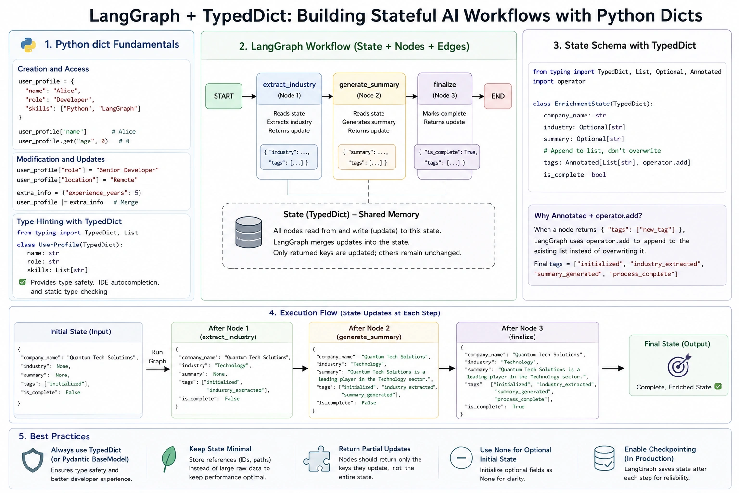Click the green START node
point(224,96)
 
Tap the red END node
point(498,96)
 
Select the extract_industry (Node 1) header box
point(289,89)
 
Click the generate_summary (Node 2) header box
point(369,89)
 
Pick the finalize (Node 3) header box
point(445,89)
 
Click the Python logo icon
point(28,45)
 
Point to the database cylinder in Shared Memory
point(248,232)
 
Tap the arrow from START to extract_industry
point(249,96)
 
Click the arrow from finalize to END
point(478,96)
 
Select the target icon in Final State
point(679,365)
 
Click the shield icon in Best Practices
point(32,460)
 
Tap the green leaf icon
point(168,459)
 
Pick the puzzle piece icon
point(317,459)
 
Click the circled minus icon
point(461,458)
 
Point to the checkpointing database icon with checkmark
point(604,458)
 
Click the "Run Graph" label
point(157,357)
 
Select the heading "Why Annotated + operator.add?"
point(588,216)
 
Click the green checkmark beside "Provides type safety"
point(23,282)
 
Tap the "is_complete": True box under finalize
point(446,157)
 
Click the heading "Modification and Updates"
point(61,159)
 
